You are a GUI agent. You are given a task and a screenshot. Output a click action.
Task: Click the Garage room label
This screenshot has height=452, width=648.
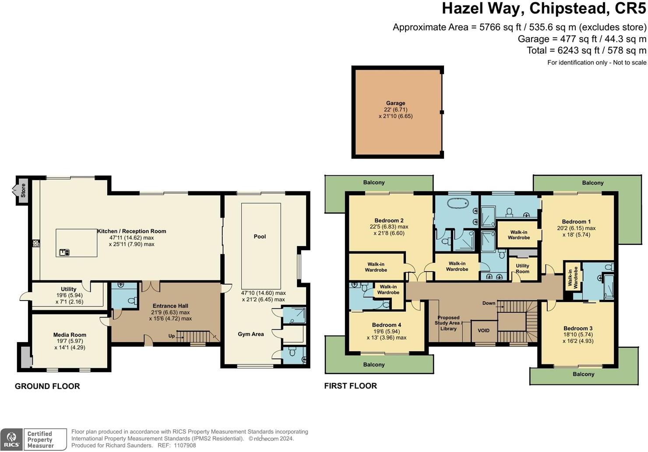pos(395,103)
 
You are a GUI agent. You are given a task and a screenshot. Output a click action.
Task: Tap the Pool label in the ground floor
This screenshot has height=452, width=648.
pos(260,237)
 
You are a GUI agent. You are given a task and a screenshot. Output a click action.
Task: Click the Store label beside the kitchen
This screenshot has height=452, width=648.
pos(23,191)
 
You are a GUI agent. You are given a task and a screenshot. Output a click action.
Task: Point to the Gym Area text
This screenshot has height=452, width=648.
pos(251,334)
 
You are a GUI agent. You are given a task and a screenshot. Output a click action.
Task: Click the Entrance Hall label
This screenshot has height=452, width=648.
pos(170,306)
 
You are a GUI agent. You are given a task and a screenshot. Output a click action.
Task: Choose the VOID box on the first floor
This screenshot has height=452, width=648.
pos(484,331)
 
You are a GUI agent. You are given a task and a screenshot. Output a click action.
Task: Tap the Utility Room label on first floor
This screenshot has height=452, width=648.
pos(522,268)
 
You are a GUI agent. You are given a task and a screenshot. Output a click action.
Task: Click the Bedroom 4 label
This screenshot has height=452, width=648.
pos(387,325)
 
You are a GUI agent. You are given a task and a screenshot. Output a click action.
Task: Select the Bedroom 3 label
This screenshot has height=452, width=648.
pos(578,328)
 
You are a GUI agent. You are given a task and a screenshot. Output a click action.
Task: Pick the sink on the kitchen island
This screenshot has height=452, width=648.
pos(64,252)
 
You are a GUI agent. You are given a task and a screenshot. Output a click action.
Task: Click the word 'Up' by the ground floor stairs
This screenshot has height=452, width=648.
pos(172,336)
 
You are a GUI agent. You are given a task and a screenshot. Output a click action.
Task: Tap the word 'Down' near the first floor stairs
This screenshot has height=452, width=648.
pos(489,303)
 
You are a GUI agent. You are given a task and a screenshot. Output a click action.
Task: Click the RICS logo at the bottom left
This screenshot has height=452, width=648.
pos(11,439)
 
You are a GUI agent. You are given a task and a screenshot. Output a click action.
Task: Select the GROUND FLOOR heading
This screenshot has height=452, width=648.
pos(47,386)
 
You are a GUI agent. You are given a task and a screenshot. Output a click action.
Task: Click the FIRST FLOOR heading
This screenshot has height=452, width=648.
pos(350,386)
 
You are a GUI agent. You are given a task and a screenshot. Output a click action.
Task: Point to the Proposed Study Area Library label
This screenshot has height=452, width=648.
pos(448,323)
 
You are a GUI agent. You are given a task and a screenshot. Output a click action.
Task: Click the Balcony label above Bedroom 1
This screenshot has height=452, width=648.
pos(592,183)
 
